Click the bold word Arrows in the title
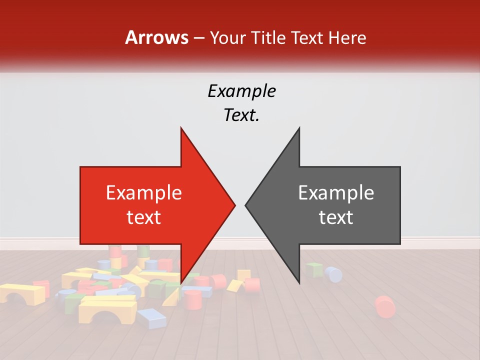(x=156, y=37)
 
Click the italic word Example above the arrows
(x=241, y=91)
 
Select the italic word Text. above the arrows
(x=241, y=115)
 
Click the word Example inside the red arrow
(x=143, y=192)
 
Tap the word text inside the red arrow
(x=143, y=217)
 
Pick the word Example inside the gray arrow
(x=336, y=192)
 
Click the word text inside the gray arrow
(x=336, y=217)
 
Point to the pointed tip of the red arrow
(x=235, y=205)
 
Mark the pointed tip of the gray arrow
(x=245, y=205)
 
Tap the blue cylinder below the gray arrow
(x=333, y=274)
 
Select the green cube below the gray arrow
(x=314, y=270)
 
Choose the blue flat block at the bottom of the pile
(x=151, y=318)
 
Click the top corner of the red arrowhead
(x=181, y=128)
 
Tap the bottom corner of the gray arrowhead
(x=299, y=283)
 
